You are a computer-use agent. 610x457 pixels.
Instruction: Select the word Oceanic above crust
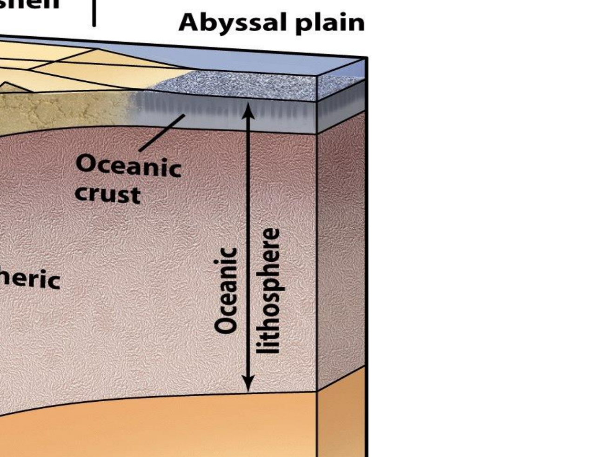click(128, 166)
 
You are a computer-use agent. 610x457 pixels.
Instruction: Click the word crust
click(107, 194)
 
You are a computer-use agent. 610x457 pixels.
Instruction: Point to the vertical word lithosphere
click(269, 291)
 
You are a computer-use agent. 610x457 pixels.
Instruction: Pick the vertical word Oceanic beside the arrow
click(227, 291)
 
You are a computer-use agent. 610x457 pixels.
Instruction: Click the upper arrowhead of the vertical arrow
click(248, 110)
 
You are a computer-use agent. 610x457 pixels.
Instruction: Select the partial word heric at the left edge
click(30, 279)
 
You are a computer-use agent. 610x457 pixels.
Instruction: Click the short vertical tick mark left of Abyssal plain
click(94, 13)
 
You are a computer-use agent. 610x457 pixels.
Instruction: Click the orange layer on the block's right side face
click(342, 414)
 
